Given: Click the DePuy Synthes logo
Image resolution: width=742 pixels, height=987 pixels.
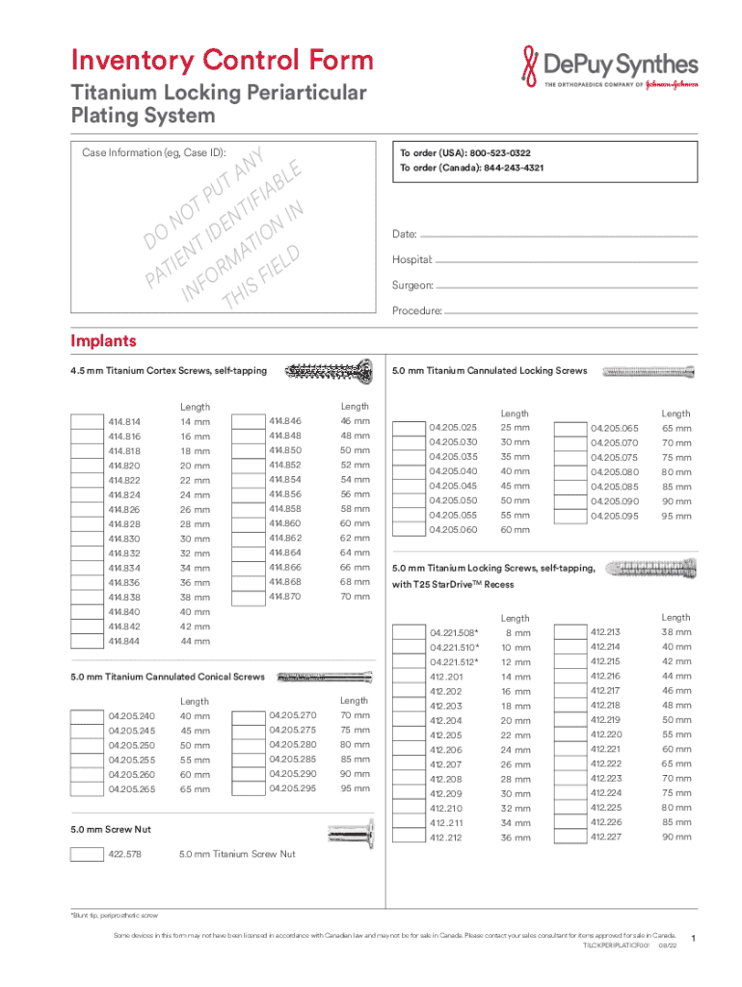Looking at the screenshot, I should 608,68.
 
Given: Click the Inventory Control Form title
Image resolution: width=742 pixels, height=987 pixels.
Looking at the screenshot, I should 222,61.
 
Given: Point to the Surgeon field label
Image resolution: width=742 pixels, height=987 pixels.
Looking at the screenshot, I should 411,286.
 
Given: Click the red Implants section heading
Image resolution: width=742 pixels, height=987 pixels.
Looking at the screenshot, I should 103,341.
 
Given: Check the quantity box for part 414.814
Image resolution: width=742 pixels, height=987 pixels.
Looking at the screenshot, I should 87,422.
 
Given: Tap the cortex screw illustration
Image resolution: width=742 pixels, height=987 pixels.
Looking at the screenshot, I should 329,369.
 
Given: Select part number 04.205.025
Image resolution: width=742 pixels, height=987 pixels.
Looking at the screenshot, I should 453,427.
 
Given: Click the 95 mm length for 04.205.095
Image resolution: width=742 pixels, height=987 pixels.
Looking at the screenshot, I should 676,517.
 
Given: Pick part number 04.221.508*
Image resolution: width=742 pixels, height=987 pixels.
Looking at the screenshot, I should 454,632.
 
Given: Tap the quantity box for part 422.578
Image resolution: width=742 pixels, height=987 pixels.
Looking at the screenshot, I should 87,854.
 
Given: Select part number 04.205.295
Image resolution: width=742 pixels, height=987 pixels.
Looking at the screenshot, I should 293,788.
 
